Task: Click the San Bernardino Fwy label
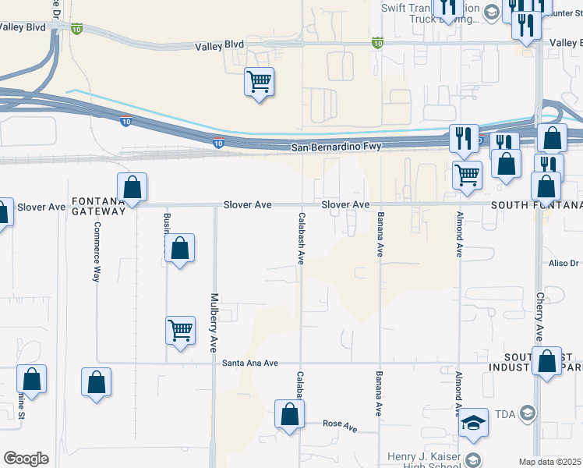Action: click(335, 147)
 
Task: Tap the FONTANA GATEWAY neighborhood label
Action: click(98, 206)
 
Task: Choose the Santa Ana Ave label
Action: click(249, 363)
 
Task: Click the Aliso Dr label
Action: click(565, 264)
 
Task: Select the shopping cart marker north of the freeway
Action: click(259, 81)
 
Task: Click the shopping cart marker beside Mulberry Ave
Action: click(180, 330)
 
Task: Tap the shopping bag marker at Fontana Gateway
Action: click(132, 187)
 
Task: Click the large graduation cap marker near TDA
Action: click(473, 422)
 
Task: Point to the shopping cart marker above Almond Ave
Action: click(467, 175)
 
